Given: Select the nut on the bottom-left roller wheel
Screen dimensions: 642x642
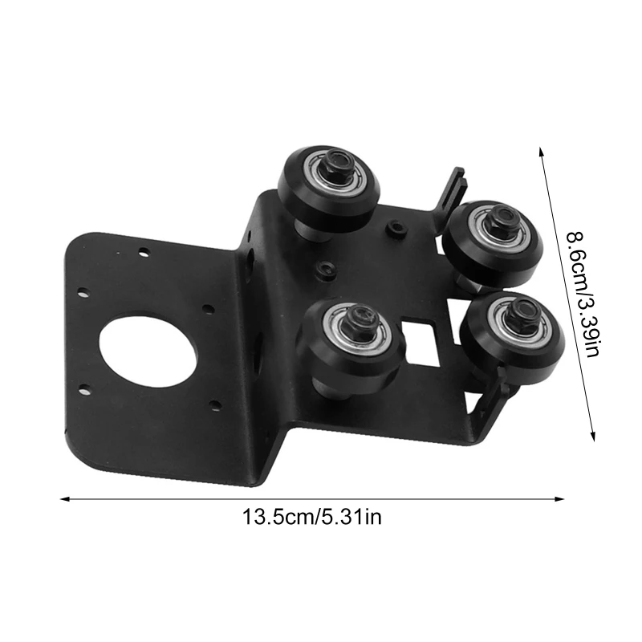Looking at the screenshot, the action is pyautogui.click(x=360, y=320).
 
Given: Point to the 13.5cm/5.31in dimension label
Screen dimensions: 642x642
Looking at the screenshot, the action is pyautogui.click(x=312, y=517).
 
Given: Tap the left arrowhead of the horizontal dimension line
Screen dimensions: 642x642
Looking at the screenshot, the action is pyautogui.click(x=64, y=498).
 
